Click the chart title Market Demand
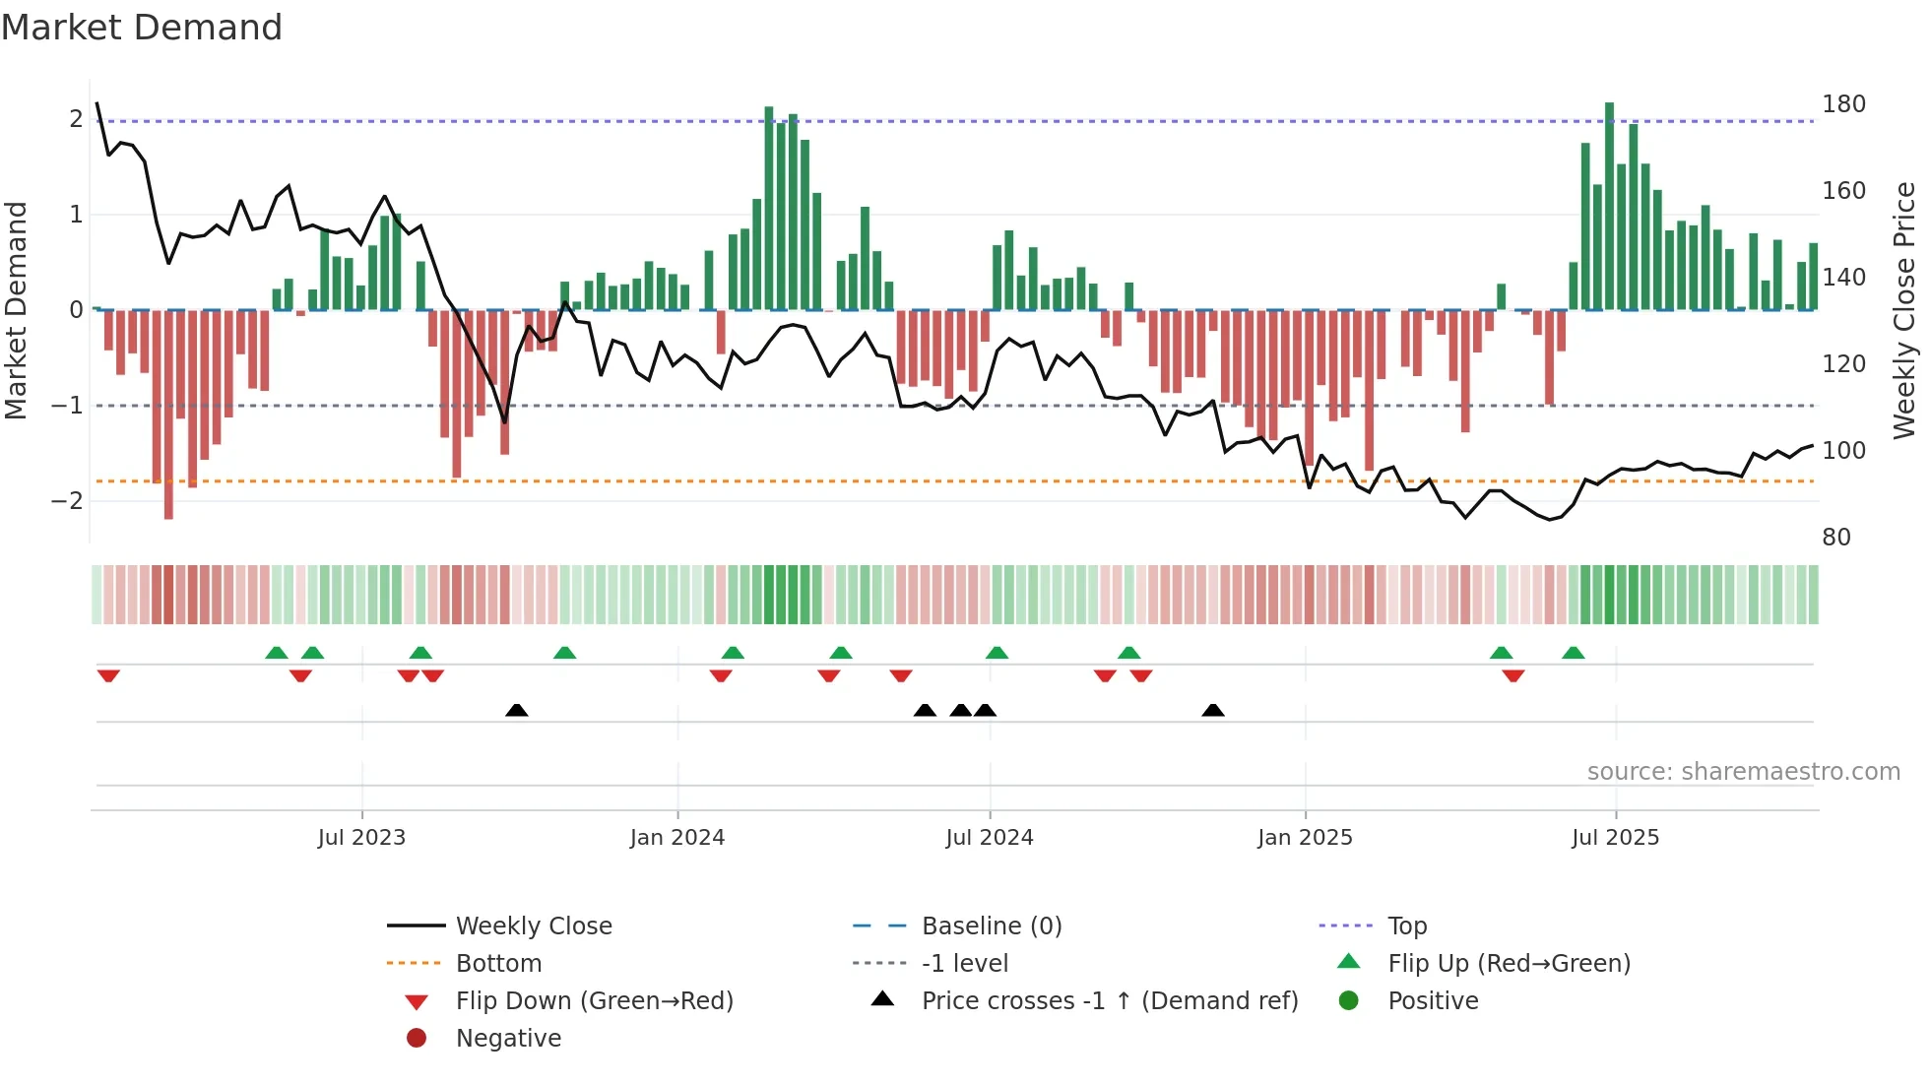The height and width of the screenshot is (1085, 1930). coord(142,28)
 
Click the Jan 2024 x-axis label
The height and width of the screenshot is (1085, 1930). coord(676,838)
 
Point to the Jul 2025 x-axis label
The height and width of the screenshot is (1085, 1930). coord(1615,838)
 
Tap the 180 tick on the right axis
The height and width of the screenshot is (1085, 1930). coord(1843,104)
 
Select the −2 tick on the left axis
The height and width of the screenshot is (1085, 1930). coord(68,501)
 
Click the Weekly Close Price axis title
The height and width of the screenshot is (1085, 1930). coord(1904,310)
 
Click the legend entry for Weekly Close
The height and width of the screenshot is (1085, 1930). coord(533,926)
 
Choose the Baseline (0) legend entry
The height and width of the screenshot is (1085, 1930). coord(991,926)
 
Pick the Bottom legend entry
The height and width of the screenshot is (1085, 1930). coord(498,964)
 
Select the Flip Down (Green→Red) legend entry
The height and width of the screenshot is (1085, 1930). coord(594,1001)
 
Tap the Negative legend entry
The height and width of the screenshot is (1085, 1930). coord(508,1039)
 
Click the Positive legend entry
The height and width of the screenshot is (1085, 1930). coord(1433,1001)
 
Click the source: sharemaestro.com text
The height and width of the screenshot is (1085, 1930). coord(1743,772)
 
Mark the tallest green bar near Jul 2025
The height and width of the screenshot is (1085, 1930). coord(1609,207)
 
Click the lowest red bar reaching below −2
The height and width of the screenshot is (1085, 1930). coord(168,414)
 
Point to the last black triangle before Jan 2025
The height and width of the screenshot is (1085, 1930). coord(1213,711)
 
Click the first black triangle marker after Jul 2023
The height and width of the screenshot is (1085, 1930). coord(516,711)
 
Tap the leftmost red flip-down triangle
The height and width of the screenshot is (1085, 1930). coord(108,675)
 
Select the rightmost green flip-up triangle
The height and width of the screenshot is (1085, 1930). coord(1573,653)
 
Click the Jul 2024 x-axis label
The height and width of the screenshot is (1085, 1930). coord(989,838)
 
